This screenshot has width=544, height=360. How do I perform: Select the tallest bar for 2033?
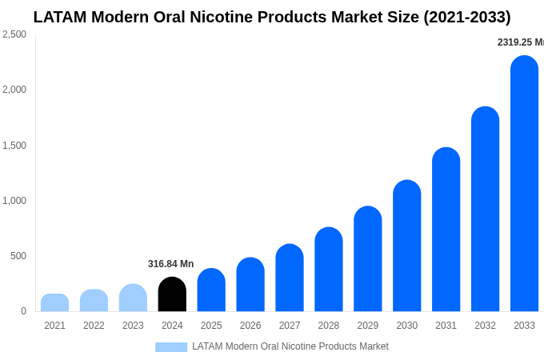tap(524, 184)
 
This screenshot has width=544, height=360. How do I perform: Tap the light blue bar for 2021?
tap(54, 302)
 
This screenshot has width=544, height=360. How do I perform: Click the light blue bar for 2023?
tap(133, 298)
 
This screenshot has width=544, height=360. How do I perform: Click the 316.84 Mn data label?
tap(170, 264)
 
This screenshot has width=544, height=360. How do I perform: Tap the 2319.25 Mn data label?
tap(520, 42)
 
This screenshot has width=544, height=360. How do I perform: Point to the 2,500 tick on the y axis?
tap(14, 34)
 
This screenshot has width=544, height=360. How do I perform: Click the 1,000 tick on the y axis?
tap(14, 201)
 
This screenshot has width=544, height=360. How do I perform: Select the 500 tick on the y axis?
tap(18, 256)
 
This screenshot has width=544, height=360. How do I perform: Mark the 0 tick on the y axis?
tap(23, 311)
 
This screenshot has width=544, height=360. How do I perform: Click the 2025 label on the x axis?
tap(211, 326)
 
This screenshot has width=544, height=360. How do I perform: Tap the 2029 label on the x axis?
tap(367, 326)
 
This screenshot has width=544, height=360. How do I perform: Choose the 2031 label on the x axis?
tap(446, 326)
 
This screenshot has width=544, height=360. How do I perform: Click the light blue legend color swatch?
tap(170, 346)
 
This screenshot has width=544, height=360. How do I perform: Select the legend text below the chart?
tap(290, 346)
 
